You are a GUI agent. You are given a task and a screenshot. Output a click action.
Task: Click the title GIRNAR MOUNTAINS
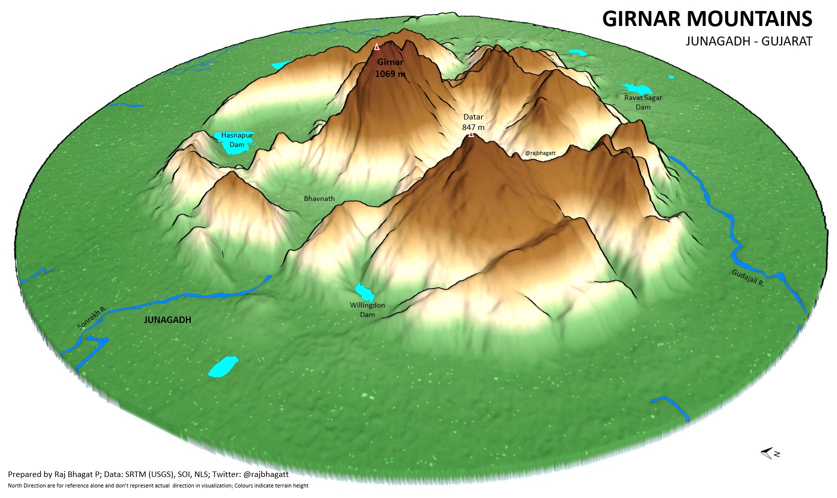point(707,19)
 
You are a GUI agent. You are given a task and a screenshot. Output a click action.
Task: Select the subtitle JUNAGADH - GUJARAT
point(749,41)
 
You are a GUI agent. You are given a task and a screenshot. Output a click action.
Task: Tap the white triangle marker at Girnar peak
point(377,47)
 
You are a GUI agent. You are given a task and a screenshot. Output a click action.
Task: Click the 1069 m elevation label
point(390,74)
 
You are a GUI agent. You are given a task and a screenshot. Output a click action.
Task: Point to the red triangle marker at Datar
point(471,134)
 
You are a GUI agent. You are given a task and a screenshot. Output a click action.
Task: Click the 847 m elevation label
point(473,127)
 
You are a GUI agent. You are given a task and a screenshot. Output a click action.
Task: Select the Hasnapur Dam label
point(237,140)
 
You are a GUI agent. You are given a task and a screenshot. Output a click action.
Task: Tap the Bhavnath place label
point(319,198)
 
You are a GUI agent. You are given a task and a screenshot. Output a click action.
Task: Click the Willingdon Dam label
point(367,309)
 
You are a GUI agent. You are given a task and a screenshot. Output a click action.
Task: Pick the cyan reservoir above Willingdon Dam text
point(365,292)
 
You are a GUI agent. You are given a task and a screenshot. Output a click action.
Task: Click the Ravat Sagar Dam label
point(643,102)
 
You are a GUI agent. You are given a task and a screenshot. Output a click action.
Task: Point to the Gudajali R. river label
point(748,278)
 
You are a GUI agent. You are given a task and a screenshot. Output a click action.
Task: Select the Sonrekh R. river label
point(92,317)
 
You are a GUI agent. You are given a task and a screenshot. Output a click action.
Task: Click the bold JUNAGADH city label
point(167,320)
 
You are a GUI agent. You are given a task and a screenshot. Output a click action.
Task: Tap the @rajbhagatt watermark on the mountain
point(540,153)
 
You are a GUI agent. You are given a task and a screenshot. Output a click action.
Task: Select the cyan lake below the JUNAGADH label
point(223,366)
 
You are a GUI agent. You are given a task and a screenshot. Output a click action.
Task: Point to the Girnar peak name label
point(390,62)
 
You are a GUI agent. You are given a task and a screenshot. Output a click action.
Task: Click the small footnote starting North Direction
point(158,485)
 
